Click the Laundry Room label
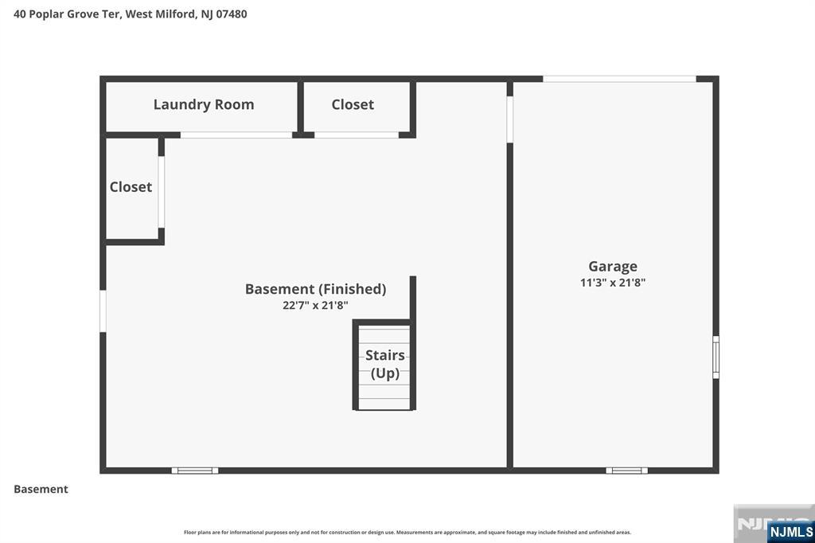pyautogui.click(x=204, y=104)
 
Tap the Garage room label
pyautogui.click(x=613, y=267)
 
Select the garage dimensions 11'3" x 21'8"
pyautogui.click(x=613, y=283)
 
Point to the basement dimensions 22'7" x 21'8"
pyautogui.click(x=315, y=305)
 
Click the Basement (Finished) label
pyautogui.click(x=315, y=289)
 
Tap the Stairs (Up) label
pyautogui.click(x=385, y=364)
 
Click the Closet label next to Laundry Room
pyautogui.click(x=353, y=104)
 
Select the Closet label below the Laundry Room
pyautogui.click(x=131, y=187)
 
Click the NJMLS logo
pyautogui.click(x=790, y=532)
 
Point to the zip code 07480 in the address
pyautogui.click(x=232, y=14)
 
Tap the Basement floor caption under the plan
pyautogui.click(x=41, y=489)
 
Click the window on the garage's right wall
pyautogui.click(x=716, y=357)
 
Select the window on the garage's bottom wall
pyautogui.click(x=627, y=471)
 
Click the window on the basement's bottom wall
pyautogui.click(x=195, y=471)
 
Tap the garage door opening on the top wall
pyautogui.click(x=619, y=79)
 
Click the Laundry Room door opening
pyautogui.click(x=236, y=135)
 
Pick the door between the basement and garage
pyautogui.click(x=510, y=119)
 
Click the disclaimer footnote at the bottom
pyautogui.click(x=407, y=533)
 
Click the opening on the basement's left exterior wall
pyautogui.click(x=103, y=311)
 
